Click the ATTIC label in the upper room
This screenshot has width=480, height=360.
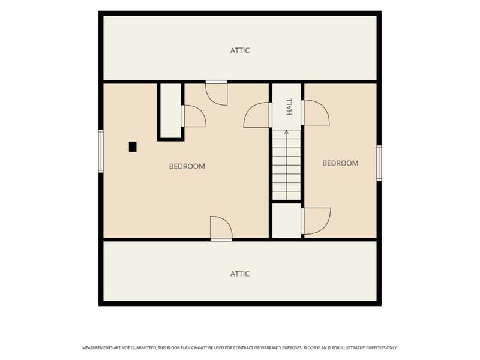point(239,50)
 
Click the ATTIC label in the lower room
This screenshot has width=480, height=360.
point(239,274)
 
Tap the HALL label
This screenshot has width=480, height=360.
point(289,106)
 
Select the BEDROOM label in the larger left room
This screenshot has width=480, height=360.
point(187,166)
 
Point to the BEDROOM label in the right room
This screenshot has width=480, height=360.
point(340,163)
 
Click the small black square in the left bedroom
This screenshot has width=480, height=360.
point(133,146)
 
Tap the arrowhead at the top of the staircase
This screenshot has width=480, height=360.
point(287,132)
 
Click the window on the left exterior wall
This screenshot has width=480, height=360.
point(101,151)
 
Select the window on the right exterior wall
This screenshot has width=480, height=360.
point(379,163)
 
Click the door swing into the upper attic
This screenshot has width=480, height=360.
point(217,93)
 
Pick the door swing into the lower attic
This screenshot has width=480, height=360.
point(221,229)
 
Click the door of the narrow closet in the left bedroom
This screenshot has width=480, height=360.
point(193,116)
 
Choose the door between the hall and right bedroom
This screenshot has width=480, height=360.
point(316,113)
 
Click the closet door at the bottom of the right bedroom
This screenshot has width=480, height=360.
point(316,221)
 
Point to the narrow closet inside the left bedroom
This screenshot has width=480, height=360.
point(171,111)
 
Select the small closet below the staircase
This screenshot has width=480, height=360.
point(287,220)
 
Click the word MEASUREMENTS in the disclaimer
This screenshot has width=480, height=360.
point(97,348)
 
